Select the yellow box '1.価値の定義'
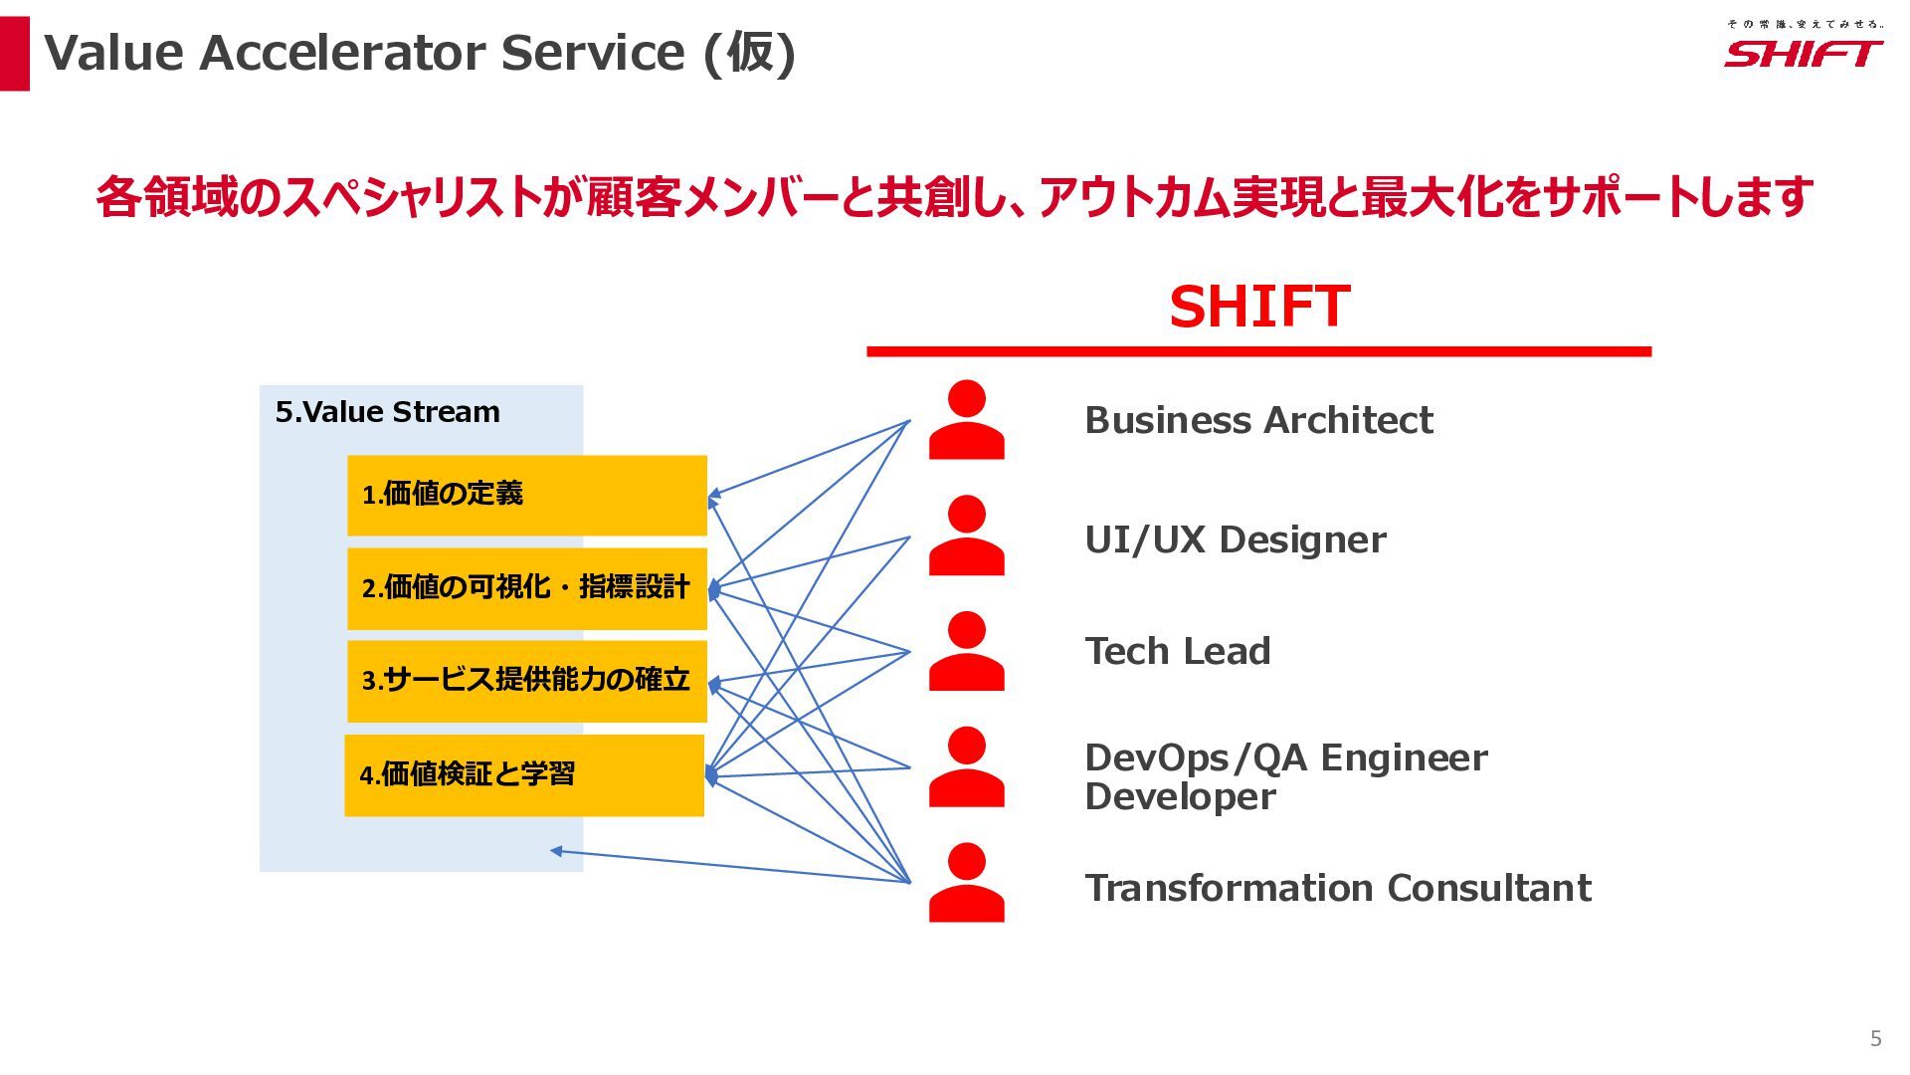[526, 495]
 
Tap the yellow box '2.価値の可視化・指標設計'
[526, 588]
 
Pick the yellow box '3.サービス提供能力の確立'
[526, 681]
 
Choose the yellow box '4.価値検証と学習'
[523, 775]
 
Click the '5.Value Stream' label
[387, 412]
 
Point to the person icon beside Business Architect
[966, 420]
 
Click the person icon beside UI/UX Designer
[966, 536]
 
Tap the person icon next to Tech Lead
[966, 651]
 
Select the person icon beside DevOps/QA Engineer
[966, 766]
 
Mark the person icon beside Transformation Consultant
[966, 883]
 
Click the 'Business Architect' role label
[1258, 420]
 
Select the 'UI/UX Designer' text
[1235, 539]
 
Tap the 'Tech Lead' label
[1177, 651]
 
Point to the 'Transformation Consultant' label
[1337, 888]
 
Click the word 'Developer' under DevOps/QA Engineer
[1180, 796]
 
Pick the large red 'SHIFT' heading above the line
[1258, 306]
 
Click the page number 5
[1875, 1038]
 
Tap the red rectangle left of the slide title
[15, 54]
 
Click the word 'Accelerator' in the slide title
[343, 53]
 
